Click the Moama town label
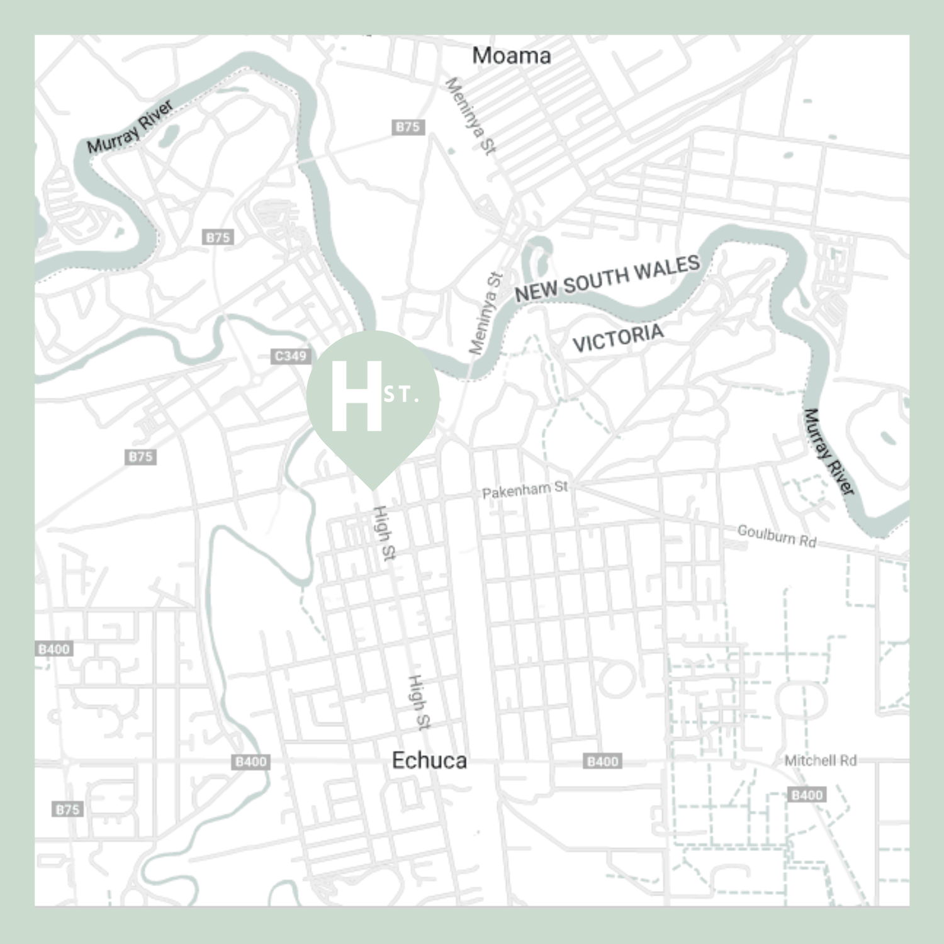coord(511,56)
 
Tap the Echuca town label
coord(429,760)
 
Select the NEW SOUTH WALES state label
coord(607,278)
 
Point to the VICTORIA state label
coord(617,338)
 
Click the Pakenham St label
coord(525,490)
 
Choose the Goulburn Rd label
coord(777,536)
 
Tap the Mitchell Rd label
coord(820,760)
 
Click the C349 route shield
coord(291,356)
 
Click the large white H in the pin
coord(356,396)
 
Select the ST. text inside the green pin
coord(401,395)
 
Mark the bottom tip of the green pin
coord(373,488)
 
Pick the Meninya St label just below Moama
coord(471,116)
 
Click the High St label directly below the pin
coord(384,532)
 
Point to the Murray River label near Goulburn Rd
coord(829,451)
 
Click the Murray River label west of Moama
coord(130,127)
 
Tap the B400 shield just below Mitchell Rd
coord(807,795)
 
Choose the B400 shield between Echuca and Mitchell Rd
coord(602,761)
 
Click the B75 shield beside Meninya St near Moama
coord(408,127)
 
